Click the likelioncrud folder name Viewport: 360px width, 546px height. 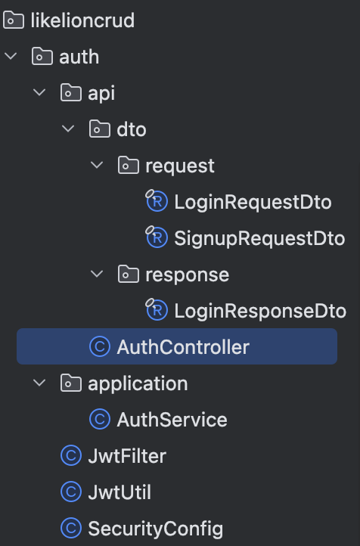(x=82, y=20)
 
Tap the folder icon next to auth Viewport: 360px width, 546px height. (x=42, y=57)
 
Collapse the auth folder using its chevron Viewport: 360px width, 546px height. (x=11, y=56)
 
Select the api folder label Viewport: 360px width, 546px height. (x=101, y=94)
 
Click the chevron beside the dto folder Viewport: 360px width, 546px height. (x=68, y=129)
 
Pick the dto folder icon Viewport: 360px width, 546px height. (x=100, y=129)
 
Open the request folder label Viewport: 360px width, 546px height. (x=180, y=166)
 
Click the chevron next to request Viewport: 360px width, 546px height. (x=97, y=165)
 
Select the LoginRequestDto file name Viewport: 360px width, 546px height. (x=253, y=203)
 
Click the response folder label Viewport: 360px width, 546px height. (x=188, y=275)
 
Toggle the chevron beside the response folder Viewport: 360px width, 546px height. (x=97, y=274)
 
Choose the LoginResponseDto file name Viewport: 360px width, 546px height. (x=260, y=311)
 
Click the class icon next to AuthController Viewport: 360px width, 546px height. (x=100, y=346)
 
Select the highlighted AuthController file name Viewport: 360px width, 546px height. (x=183, y=347)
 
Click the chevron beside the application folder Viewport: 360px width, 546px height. (x=39, y=383)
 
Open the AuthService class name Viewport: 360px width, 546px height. (x=172, y=420)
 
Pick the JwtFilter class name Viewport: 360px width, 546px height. (x=127, y=456)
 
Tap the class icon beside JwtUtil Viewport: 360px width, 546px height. (x=71, y=492)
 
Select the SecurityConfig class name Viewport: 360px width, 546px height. (x=156, y=529)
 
